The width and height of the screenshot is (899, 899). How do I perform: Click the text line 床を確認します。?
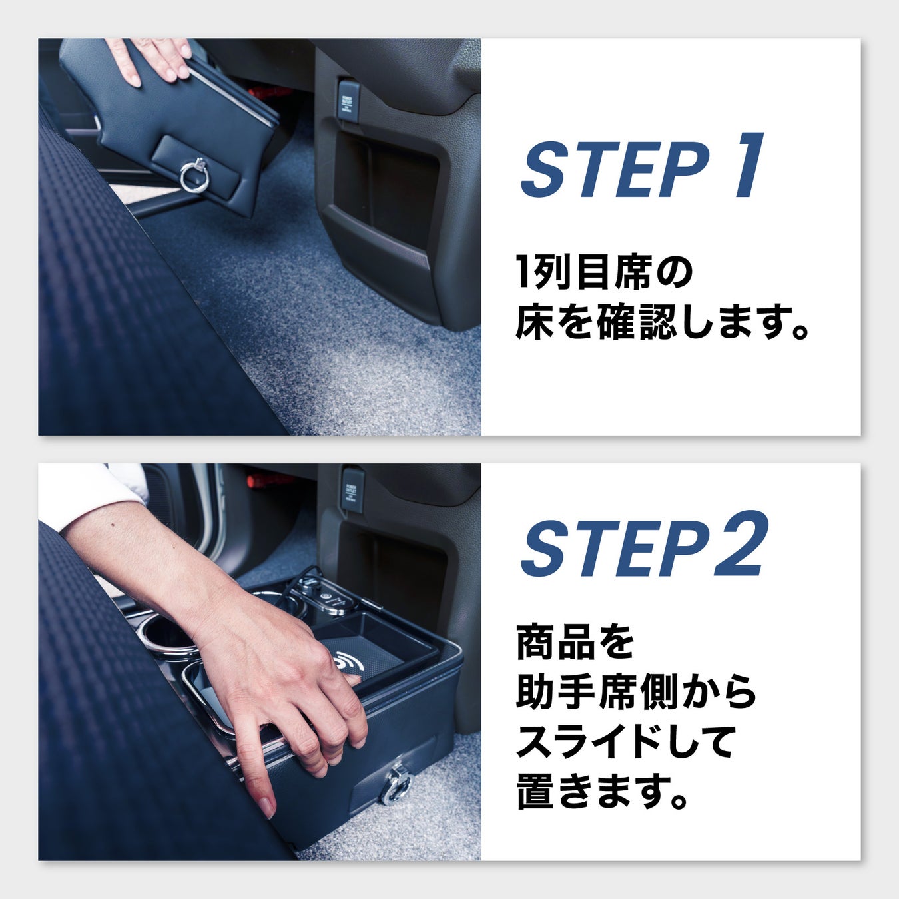click(x=662, y=322)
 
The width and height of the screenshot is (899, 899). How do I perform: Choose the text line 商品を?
click(x=576, y=643)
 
